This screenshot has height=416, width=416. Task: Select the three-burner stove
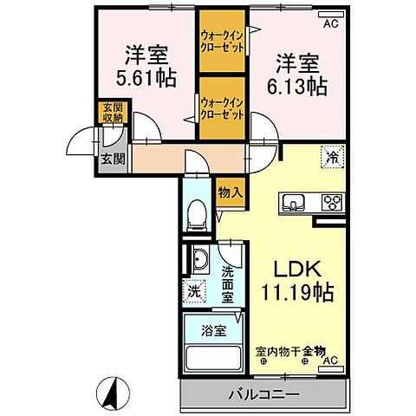click(332, 204)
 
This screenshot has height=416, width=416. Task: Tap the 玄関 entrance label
click(110, 159)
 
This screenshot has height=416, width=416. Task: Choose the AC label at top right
click(329, 24)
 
